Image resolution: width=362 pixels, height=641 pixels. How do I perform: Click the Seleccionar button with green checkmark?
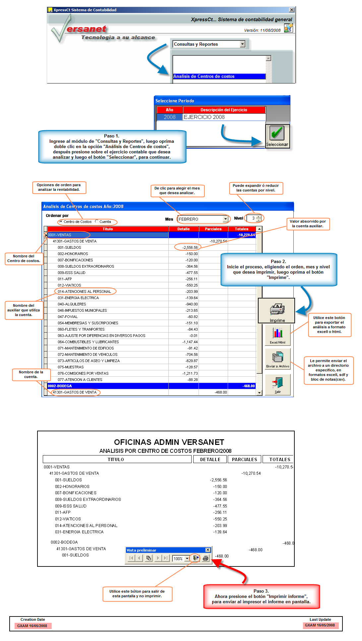point(277,136)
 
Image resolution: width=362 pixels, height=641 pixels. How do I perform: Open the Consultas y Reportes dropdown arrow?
point(243,44)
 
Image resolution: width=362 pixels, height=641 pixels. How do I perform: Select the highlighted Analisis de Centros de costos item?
point(219,77)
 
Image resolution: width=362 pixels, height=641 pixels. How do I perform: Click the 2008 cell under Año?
point(170,117)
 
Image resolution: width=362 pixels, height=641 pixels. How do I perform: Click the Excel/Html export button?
point(277,335)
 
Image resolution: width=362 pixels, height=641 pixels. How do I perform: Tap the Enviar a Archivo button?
point(277,359)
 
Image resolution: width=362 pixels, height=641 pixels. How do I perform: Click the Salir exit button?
point(278,384)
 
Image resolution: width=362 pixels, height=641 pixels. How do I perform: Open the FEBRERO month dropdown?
point(225,219)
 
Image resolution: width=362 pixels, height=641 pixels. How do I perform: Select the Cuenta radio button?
point(97,222)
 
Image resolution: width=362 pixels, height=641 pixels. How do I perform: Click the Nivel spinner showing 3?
point(254,218)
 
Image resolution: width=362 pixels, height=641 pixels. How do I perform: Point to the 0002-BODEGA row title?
point(60,386)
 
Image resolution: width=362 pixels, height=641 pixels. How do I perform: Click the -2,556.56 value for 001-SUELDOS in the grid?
point(190,247)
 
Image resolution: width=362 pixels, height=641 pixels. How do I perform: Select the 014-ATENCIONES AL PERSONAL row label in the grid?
point(85,292)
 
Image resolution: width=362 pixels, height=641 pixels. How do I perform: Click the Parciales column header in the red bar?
point(213,229)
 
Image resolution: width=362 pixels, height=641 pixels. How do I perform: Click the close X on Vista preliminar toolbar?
point(208,550)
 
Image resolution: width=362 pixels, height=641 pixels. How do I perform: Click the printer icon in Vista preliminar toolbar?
point(206,558)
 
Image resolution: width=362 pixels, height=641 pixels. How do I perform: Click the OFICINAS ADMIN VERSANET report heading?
point(169,442)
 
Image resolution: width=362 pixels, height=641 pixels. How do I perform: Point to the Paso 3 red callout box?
point(262,596)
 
